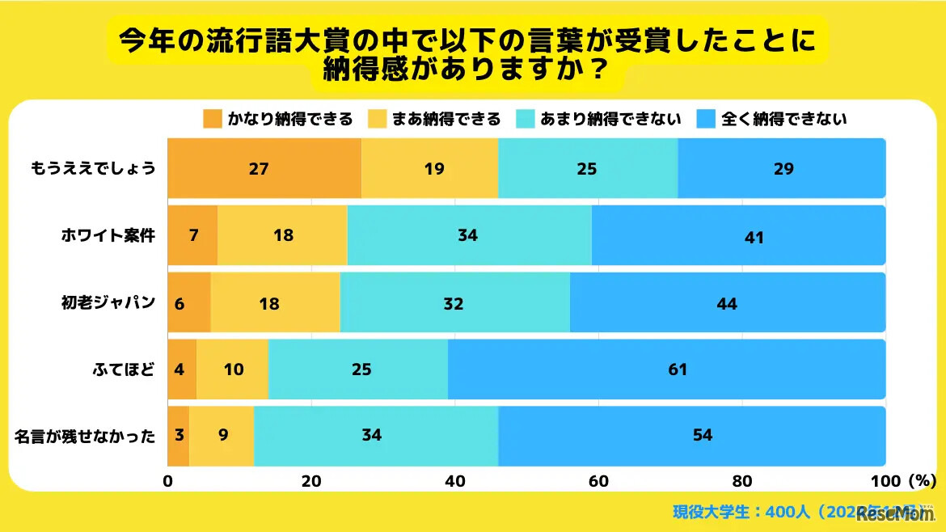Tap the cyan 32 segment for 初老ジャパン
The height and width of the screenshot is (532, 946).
pyautogui.click(x=454, y=302)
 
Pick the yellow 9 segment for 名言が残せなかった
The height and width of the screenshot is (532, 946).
pyautogui.click(x=221, y=435)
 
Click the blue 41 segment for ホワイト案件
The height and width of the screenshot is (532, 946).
pyautogui.click(x=738, y=235)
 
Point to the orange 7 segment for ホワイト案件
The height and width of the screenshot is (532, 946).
pyautogui.click(x=192, y=235)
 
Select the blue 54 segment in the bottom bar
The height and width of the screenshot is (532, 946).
pyautogui.click(x=691, y=435)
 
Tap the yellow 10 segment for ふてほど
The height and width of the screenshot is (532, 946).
pyautogui.click(x=233, y=369)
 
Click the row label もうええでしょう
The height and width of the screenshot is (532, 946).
pyautogui.click(x=93, y=169)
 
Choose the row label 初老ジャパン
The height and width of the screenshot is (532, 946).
pyautogui.click(x=108, y=303)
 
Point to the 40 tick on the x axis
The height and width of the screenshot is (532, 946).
pyautogui.click(x=454, y=481)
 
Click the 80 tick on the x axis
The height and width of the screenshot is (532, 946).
pyautogui.click(x=741, y=481)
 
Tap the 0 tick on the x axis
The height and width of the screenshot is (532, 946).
pyautogui.click(x=168, y=481)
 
